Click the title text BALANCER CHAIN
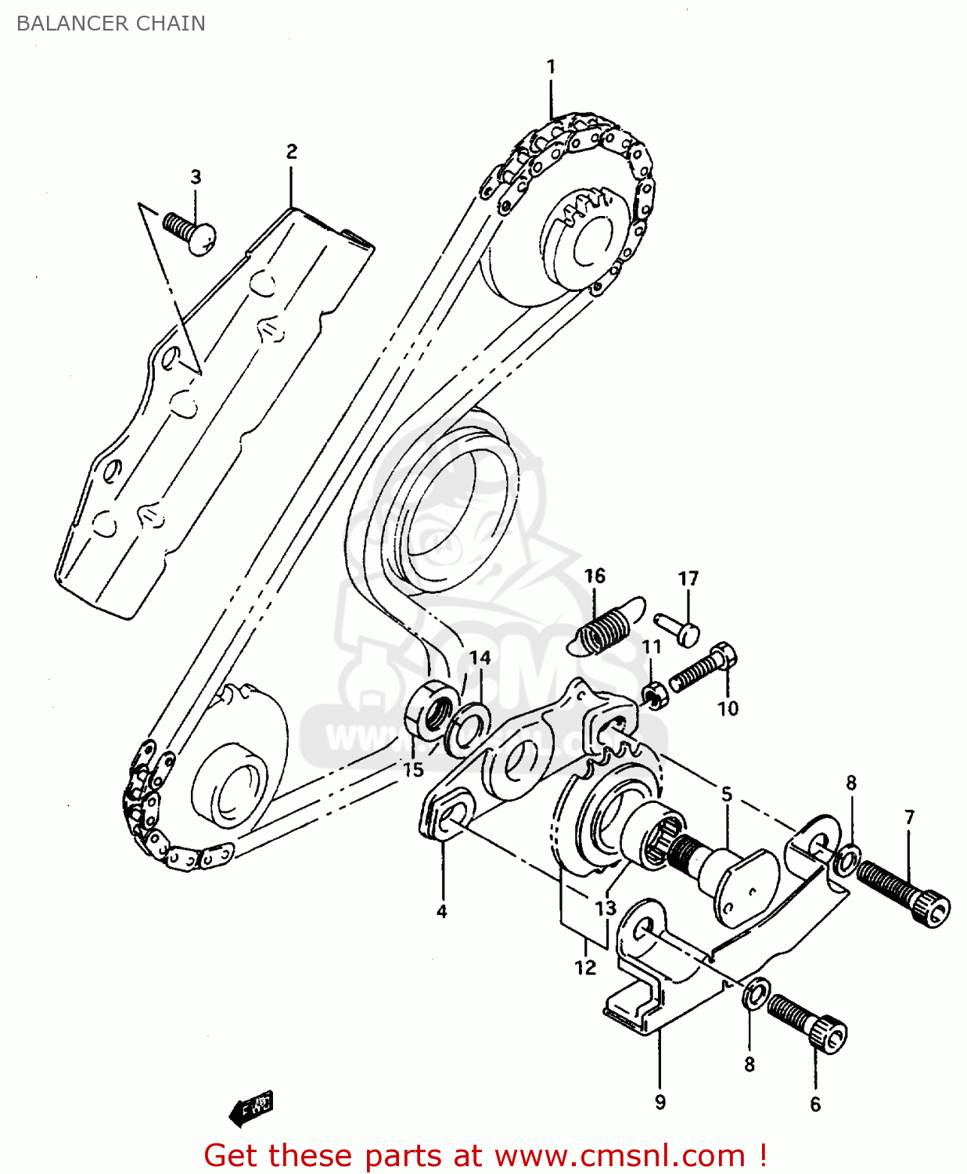[x=110, y=23]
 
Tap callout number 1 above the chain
[x=551, y=67]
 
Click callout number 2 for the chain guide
[x=291, y=151]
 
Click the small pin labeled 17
[x=678, y=628]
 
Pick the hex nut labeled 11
[x=655, y=693]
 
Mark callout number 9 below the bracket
[x=660, y=1102]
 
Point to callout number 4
[x=442, y=911]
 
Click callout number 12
[x=585, y=967]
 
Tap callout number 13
[x=606, y=908]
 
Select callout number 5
[x=726, y=795]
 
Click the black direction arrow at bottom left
[x=251, y=1108]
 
